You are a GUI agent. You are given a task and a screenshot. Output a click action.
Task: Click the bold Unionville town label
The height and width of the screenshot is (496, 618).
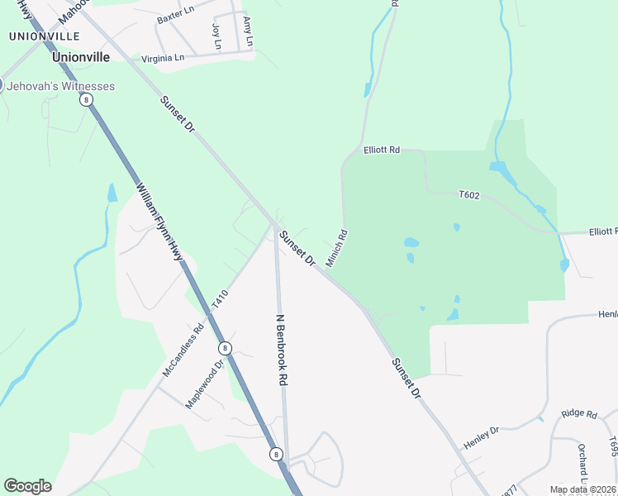tap(80, 58)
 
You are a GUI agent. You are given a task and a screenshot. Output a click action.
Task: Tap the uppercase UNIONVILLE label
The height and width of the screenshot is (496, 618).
tap(44, 36)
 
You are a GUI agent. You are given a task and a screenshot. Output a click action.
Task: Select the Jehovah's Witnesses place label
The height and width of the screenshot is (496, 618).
tap(61, 86)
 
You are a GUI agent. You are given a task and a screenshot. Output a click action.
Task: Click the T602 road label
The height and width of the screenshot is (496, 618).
tap(469, 194)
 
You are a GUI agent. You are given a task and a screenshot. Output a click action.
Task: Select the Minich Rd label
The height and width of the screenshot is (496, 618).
tap(336, 248)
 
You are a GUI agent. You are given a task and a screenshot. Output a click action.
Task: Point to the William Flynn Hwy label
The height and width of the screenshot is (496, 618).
tap(159, 223)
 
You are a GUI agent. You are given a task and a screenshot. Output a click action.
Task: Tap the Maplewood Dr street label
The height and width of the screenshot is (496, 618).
tap(205, 384)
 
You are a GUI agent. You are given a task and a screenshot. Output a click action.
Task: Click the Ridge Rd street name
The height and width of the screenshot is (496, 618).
tap(578, 413)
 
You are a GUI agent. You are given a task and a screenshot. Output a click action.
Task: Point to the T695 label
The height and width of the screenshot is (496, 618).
tap(612, 447)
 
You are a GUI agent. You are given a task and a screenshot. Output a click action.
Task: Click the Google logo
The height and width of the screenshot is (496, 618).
tap(27, 486)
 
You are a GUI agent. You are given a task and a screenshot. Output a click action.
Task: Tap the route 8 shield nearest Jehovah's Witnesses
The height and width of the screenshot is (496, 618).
tap(86, 99)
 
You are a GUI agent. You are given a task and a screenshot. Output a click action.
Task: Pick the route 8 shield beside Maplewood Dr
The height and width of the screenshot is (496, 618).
tap(225, 348)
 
